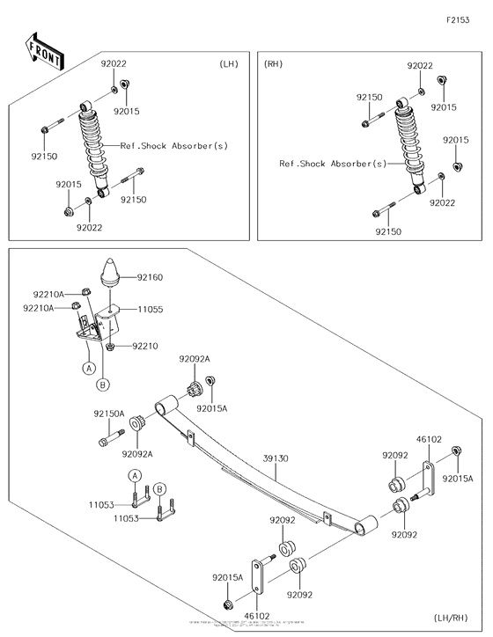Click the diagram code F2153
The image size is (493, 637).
(457, 19)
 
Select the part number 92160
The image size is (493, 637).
(149, 277)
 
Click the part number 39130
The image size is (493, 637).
(276, 458)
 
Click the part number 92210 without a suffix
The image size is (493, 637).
(145, 347)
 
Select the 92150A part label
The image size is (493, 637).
(109, 413)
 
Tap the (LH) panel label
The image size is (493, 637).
(229, 64)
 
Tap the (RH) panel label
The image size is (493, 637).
(274, 64)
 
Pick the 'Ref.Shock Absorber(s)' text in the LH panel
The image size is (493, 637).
(173, 146)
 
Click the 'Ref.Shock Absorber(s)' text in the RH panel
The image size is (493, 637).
(332, 164)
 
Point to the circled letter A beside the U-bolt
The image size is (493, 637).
(135, 475)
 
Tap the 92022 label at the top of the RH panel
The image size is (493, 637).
(419, 66)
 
